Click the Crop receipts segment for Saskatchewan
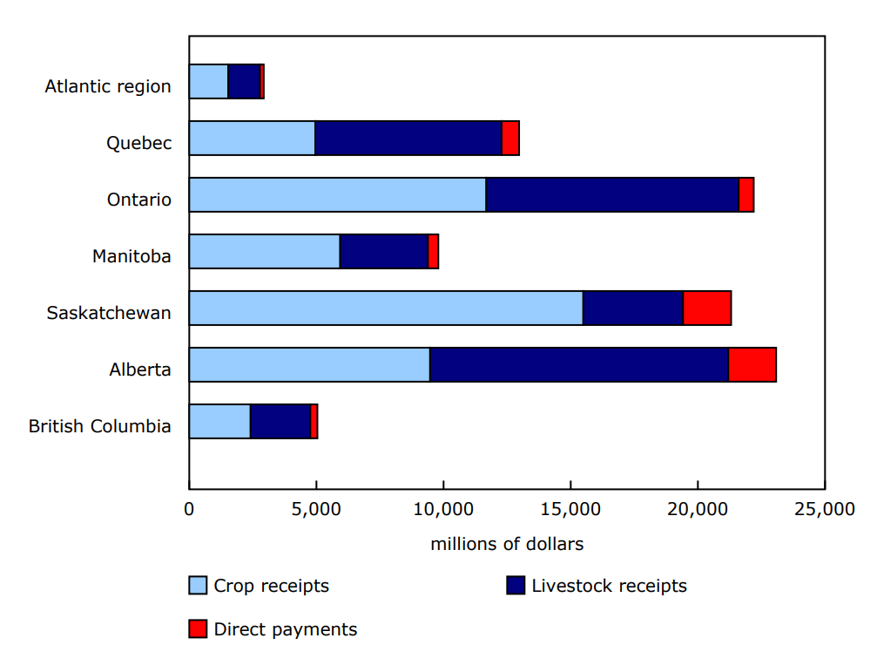(386, 309)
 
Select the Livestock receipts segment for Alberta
(579, 365)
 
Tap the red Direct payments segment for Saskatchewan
(707, 309)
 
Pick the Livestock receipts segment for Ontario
(612, 195)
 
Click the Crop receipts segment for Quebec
(252, 139)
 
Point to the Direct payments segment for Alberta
(752, 365)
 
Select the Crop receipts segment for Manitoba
(264, 252)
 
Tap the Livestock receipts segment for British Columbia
(280, 422)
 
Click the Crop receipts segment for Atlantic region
(208, 82)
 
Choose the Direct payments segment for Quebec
(510, 139)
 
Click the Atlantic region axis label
(108, 87)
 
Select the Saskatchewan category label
(109, 313)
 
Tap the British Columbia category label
(99, 426)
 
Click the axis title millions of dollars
(507, 544)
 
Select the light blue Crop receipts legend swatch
(199, 586)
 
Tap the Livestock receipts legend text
(609, 586)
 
